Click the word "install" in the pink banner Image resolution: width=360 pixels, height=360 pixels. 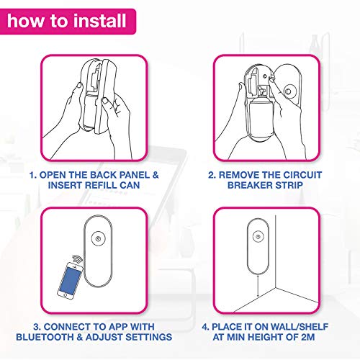[100, 20]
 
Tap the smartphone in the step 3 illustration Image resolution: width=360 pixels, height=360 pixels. [70, 281]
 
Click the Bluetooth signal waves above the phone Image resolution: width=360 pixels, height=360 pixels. [77, 259]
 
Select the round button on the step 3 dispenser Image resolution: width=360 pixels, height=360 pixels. [98, 238]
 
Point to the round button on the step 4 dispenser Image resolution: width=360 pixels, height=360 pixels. [258, 237]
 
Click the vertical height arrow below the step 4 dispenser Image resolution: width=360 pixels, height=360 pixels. [258, 286]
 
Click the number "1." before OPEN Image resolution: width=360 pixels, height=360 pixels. [33, 175]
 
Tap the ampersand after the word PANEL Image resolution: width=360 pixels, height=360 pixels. [156, 175]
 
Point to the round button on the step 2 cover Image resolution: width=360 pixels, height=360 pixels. [288, 91]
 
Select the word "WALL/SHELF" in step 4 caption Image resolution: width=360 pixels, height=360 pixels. [299, 327]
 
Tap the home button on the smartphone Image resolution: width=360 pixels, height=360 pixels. [66, 294]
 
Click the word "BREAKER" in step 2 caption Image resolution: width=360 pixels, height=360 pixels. [249, 185]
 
